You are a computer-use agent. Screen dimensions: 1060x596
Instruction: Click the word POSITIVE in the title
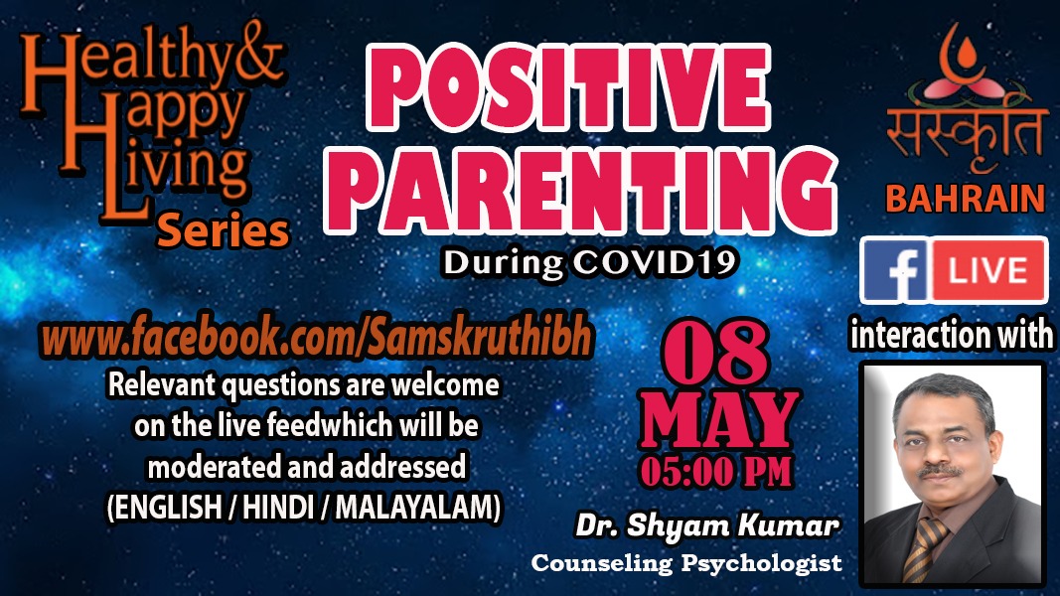567,87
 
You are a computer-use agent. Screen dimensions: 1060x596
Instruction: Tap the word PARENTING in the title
581,190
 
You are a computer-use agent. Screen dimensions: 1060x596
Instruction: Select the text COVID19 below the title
655,263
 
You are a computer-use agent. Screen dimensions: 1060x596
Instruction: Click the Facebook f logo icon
896,270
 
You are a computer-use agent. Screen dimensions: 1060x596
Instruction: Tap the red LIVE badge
989,270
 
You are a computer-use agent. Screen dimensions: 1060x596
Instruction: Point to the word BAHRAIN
966,199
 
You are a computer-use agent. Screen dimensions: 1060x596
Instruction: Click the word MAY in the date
719,420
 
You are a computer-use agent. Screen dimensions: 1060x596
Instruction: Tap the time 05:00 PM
716,472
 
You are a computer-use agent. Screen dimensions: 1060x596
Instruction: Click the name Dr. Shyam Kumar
707,525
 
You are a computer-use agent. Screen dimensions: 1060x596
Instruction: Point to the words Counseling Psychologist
686,562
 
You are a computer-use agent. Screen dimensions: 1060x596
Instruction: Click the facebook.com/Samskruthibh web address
316,337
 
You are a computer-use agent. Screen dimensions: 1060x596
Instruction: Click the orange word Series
223,230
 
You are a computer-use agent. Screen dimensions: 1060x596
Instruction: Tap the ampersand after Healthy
258,54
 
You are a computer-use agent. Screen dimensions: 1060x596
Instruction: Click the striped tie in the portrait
924,548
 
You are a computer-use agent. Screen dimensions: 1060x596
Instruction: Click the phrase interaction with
951,335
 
